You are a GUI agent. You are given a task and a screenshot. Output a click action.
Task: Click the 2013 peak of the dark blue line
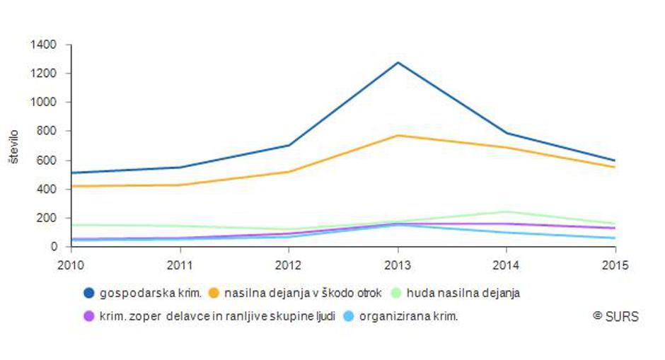click(398, 63)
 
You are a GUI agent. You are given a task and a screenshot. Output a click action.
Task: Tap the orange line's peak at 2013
click(398, 135)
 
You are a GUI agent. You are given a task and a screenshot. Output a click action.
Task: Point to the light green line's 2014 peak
click(506, 211)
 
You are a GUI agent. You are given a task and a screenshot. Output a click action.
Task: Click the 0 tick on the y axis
click(54, 246)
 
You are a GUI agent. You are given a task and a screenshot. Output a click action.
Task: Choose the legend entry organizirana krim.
click(408, 316)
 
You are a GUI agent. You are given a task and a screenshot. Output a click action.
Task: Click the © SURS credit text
click(615, 316)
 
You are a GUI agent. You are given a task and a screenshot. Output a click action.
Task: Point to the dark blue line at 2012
click(289, 145)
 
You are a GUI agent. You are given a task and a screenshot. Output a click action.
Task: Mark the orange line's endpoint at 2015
click(614, 167)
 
